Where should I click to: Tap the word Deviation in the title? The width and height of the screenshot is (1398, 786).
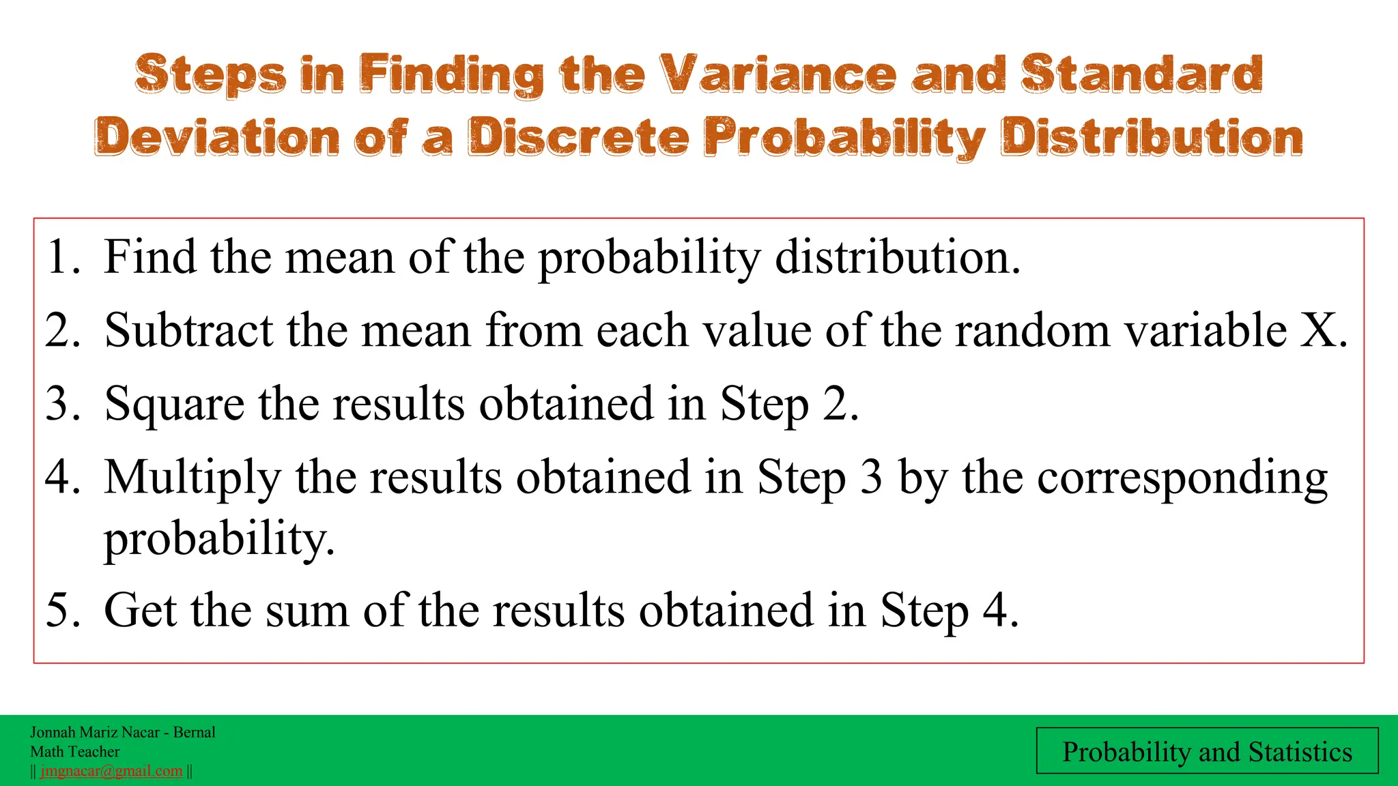click(x=216, y=136)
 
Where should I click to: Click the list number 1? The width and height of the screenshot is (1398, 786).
click(x=60, y=258)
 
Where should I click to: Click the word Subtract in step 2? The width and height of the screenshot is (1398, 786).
click(x=188, y=331)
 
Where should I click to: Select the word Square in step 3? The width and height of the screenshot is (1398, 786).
click(x=173, y=405)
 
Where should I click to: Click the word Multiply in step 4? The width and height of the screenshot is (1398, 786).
click(x=192, y=478)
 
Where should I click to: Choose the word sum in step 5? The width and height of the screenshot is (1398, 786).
click(x=306, y=609)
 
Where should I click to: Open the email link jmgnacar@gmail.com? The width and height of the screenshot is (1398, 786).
click(x=111, y=771)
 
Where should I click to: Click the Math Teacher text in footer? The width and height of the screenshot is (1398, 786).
click(x=74, y=751)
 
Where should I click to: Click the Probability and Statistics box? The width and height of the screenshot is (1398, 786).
click(x=1207, y=751)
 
